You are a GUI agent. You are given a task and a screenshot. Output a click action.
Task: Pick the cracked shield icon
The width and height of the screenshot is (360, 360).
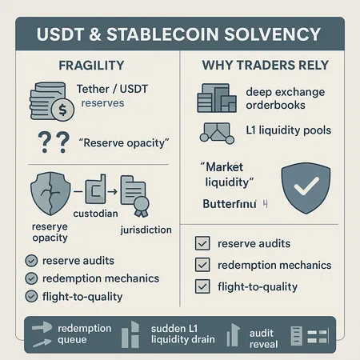(43, 194)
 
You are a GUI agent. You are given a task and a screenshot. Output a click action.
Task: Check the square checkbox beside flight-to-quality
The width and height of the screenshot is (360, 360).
(202, 286)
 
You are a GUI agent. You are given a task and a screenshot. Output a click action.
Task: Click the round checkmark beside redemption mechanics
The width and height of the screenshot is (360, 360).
(31, 278)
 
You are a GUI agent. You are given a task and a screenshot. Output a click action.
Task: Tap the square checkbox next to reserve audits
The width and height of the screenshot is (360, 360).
(202, 243)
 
